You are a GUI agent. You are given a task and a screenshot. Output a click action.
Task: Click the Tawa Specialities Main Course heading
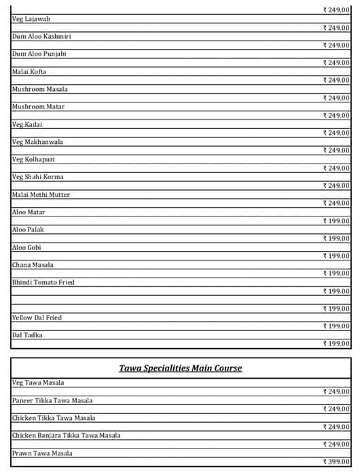(181, 368)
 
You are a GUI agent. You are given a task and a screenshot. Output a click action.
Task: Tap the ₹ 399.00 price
(336, 462)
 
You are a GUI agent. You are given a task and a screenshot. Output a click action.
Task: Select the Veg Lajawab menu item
(31, 19)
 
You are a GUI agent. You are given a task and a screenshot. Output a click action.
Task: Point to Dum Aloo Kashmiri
(41, 36)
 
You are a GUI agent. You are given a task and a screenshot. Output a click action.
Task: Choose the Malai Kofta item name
(29, 71)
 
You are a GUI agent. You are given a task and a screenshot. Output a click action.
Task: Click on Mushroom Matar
(39, 107)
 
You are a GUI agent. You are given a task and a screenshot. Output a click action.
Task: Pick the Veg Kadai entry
(27, 124)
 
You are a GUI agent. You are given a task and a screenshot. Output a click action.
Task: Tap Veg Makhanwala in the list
(37, 142)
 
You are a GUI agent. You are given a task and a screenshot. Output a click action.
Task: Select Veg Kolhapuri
(34, 159)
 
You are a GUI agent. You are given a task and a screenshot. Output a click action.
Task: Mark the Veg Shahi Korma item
(38, 177)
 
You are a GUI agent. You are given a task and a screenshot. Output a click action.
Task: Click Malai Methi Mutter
(41, 195)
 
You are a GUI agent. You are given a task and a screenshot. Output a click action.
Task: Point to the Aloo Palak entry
(29, 229)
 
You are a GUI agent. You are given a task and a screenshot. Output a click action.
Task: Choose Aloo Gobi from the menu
(27, 247)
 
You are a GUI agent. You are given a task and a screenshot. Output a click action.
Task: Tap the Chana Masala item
(33, 265)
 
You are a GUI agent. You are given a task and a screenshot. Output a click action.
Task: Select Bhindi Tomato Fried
(43, 282)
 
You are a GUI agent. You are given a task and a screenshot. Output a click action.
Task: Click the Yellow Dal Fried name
(37, 318)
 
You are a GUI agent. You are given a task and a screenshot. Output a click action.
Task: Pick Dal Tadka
(27, 335)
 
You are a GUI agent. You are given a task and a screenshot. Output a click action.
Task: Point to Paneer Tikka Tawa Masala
(52, 400)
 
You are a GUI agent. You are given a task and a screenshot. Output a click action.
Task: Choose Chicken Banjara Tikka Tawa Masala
(66, 436)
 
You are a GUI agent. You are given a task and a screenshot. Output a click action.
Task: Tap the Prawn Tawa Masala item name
(42, 453)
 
